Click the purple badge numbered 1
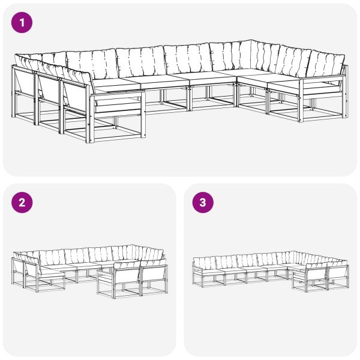pyautogui.click(x=22, y=23)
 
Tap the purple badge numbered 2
pyautogui.click(x=22, y=203)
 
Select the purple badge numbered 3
pyautogui.click(x=202, y=203)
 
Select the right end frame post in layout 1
pyautogui.click(x=346, y=90)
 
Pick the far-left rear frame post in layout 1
pyautogui.click(x=13, y=90)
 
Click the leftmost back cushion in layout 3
pyautogui.click(x=205, y=263)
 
